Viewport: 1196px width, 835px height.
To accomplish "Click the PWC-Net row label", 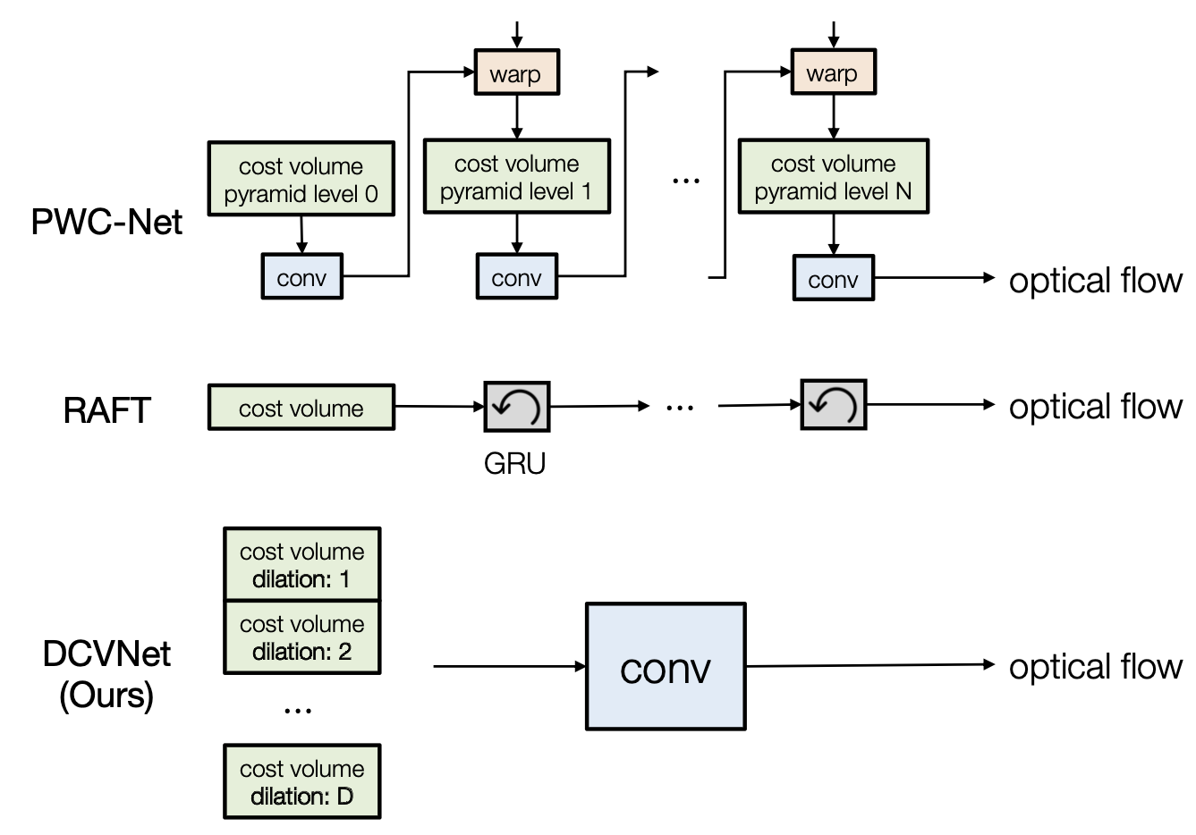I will coord(106,222).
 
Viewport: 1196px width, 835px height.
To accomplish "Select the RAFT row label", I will coord(106,410).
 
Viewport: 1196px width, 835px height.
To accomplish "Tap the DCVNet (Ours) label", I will coord(106,674).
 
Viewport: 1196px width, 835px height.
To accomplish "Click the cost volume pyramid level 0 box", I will coord(301,179).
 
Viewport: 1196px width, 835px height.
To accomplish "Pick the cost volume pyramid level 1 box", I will coord(516,176).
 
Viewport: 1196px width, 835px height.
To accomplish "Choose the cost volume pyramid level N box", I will coord(833,176).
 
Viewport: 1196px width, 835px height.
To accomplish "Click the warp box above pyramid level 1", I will coord(516,73).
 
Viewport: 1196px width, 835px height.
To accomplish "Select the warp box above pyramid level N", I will coord(833,73).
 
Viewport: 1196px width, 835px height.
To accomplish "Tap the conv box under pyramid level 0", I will coord(301,277).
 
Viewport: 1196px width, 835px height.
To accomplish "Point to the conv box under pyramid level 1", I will coord(517,277).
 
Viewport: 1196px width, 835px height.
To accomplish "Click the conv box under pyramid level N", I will coord(833,279).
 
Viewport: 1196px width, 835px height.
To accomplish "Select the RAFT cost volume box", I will coord(301,408).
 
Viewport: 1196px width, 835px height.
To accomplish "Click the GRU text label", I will coord(514,463).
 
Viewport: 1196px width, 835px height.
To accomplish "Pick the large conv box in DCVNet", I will coord(666,667).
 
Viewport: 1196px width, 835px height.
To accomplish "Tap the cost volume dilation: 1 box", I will coord(301,564).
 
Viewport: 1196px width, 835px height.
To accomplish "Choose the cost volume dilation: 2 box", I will coord(301,637).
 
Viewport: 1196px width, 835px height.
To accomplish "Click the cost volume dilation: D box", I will coord(301,782).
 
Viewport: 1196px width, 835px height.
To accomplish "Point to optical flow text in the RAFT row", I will coord(1095,407).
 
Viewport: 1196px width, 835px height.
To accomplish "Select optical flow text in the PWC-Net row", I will coord(1095,281).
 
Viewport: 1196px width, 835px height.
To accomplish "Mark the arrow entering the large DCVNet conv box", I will coord(509,666).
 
